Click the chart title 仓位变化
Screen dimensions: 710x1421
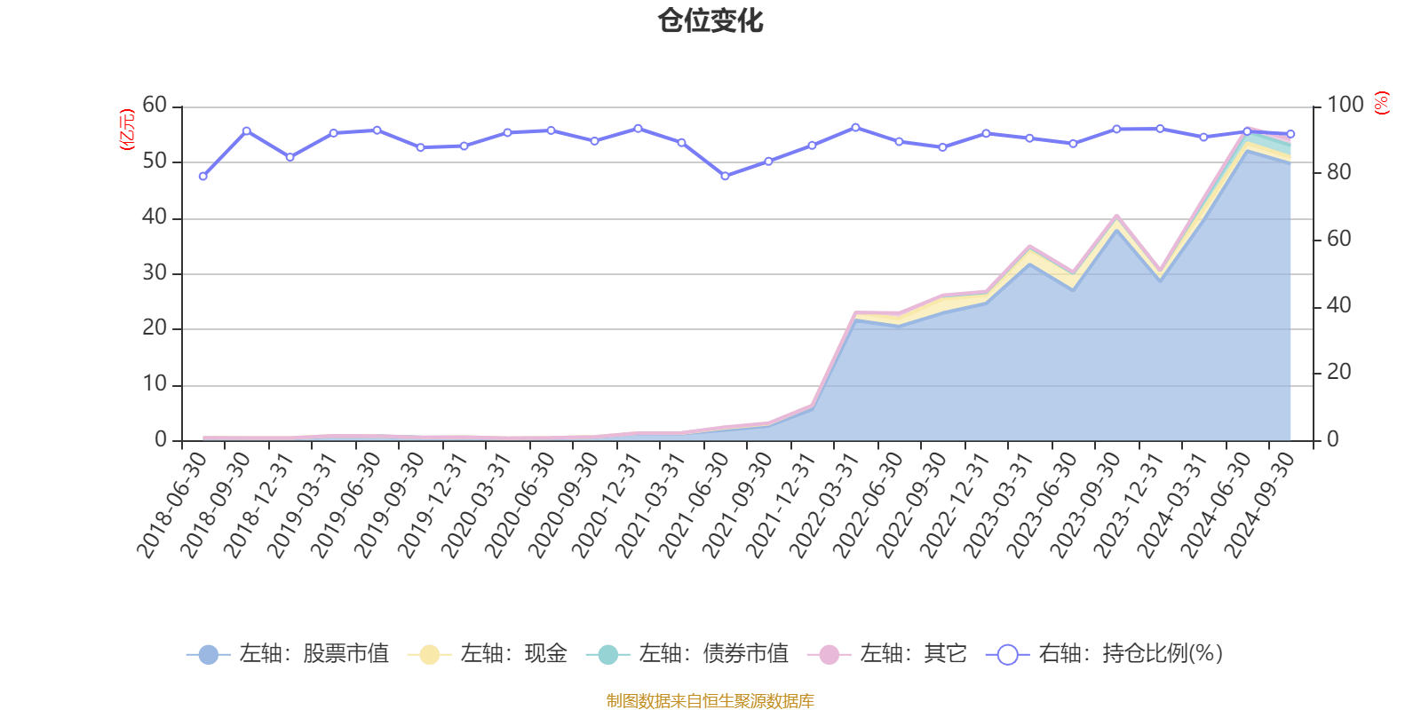click(710, 21)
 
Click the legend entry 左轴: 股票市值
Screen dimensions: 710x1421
click(289, 655)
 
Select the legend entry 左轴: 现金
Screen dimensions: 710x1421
click(488, 655)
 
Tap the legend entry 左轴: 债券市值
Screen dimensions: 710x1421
click(687, 655)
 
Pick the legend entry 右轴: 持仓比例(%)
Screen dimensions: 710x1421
click(1105, 655)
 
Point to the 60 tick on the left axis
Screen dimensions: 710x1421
click(155, 106)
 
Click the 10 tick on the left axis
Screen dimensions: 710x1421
click(155, 384)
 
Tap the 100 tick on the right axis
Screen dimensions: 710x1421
click(1345, 106)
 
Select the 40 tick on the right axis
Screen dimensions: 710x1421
click(1338, 306)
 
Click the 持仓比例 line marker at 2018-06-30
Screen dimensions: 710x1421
click(203, 177)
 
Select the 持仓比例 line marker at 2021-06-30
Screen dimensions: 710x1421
click(725, 177)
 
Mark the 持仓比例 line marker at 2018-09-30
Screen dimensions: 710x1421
click(246, 130)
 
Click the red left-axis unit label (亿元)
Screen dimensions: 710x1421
click(127, 130)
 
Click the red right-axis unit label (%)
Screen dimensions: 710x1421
click(1381, 103)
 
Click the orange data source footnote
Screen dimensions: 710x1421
click(710, 701)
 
